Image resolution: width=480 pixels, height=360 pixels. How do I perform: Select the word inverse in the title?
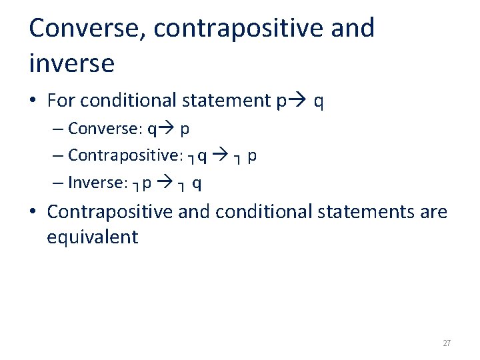[72, 64]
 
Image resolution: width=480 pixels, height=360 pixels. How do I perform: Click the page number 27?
[447, 343]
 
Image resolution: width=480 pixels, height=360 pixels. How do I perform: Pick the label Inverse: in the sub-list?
[97, 182]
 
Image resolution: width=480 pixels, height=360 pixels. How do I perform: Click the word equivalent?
[92, 237]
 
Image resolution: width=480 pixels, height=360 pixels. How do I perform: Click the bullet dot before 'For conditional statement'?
[33, 101]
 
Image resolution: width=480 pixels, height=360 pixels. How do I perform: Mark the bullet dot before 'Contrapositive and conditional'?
[33, 213]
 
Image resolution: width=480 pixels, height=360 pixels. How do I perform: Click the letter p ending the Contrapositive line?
[252, 156]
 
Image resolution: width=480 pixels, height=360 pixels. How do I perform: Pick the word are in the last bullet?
[433, 212]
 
